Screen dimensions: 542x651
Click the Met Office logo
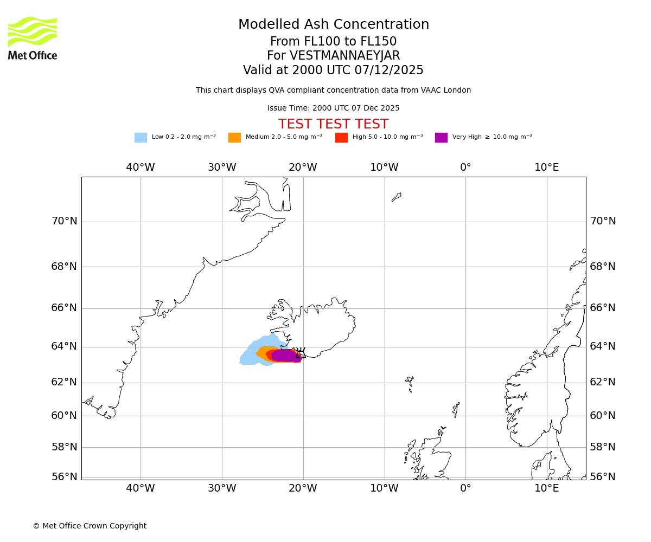[33, 38]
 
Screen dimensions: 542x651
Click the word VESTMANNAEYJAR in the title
[344, 56]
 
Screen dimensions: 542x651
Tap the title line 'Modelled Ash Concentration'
[333, 25]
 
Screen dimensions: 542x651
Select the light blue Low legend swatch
[141, 138]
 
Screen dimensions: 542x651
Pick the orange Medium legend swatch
[234, 138]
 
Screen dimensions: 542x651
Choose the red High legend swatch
[341, 138]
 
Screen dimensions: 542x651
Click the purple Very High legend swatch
[441, 138]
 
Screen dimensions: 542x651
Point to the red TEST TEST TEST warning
[333, 124]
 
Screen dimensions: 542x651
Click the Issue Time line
[333, 108]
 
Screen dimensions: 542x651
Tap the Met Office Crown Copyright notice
[90, 526]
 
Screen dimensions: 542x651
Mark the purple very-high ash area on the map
[285, 356]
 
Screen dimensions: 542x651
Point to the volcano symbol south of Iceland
[299, 352]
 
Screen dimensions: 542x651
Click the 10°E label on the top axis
[546, 167]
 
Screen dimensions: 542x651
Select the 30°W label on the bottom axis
[222, 488]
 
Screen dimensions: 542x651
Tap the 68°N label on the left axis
[64, 267]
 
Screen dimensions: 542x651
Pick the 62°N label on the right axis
[603, 382]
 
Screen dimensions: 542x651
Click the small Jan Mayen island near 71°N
[397, 197]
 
